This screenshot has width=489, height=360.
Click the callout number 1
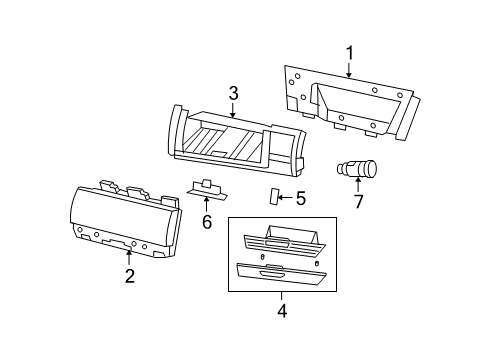tap(349, 52)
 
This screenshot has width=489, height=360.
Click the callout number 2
tap(129, 276)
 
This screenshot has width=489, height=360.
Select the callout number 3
tap(233, 93)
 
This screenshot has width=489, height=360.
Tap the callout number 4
tap(281, 310)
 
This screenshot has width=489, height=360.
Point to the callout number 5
tap(300, 198)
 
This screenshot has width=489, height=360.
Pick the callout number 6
tap(207, 221)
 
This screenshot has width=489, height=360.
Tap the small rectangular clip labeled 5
tap(272, 194)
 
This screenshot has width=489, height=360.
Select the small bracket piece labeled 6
tap(204, 190)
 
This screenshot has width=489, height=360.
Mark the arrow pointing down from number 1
tap(349, 69)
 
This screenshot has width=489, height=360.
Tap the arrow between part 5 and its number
tap(285, 197)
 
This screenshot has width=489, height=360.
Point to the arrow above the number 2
tap(129, 258)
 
